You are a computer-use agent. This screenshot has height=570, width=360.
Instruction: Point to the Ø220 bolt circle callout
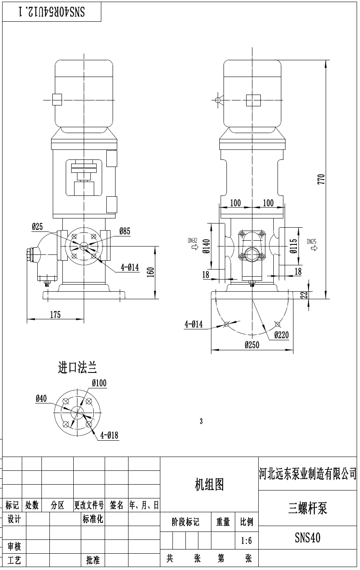tap(281, 335)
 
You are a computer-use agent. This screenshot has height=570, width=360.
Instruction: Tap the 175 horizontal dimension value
tap(55, 315)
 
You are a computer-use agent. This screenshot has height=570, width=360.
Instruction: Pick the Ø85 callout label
tap(125, 231)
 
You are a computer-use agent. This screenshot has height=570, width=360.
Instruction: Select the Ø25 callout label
tap(37, 227)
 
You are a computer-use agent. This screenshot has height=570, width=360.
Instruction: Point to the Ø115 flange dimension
tap(293, 247)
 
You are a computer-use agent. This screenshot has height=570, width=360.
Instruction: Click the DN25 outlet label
tap(311, 241)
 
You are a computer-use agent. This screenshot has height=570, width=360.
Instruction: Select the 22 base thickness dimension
tap(305, 295)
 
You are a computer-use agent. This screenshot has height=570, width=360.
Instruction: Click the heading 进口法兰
tap(77, 368)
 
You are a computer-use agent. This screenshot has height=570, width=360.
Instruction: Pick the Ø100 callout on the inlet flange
tap(100, 383)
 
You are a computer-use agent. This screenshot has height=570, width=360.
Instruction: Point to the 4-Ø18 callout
tap(109, 436)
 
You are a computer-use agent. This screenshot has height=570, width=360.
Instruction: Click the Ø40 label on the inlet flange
tap(41, 398)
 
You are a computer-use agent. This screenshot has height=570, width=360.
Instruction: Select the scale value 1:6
tap(247, 541)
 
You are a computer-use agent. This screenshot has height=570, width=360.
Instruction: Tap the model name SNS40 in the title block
tap(308, 537)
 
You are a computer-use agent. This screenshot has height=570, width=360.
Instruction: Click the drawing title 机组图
tap(209, 485)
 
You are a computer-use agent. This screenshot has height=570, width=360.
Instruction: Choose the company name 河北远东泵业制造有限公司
tap(308, 474)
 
